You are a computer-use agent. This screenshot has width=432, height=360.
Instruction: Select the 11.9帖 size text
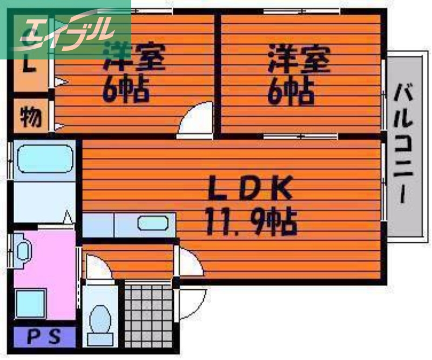tap(251, 221)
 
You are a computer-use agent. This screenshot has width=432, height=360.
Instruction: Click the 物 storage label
tap(31, 116)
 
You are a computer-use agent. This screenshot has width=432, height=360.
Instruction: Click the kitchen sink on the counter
tap(153, 223)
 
